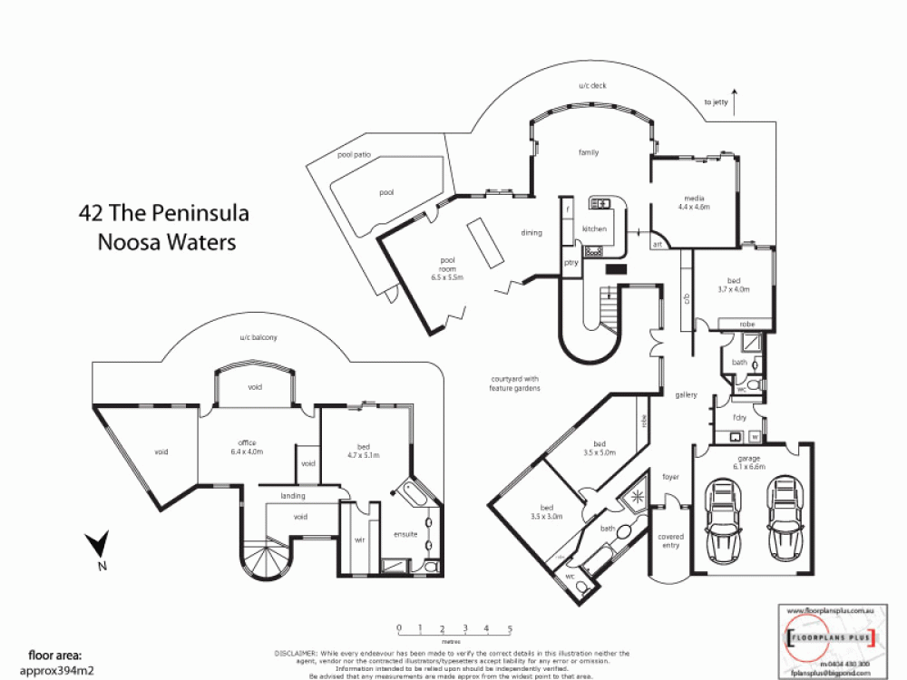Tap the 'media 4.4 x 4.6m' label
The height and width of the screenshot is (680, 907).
(693, 202)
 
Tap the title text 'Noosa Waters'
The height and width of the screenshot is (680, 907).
(166, 242)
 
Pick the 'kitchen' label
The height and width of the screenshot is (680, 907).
(594, 229)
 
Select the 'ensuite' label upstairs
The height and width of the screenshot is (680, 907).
(405, 534)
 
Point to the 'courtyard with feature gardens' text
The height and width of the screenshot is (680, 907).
(514, 383)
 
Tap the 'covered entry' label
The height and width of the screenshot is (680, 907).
(670, 541)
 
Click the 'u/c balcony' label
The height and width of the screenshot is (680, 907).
(258, 337)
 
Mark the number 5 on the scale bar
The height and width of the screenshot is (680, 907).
(510, 627)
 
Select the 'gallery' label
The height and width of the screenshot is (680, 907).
(686, 394)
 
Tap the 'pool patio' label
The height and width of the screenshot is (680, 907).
(355, 155)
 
